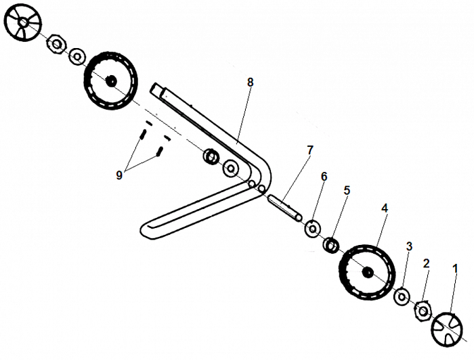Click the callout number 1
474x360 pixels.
coord(455,269)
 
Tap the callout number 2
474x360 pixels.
coord(426,263)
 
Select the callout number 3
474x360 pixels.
coord(408,246)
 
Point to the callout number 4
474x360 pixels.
coord(385,208)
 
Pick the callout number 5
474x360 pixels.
coord(347,191)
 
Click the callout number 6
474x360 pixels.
coord(324,177)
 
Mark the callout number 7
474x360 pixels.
coord(309,150)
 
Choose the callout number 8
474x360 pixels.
coord(250,82)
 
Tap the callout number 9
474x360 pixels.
coord(119,175)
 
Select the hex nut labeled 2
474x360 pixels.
coord(423,310)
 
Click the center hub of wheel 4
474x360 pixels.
coord(368,272)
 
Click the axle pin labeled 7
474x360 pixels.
coord(284,207)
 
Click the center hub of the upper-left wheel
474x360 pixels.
coord(111,81)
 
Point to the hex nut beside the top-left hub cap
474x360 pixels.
coord(56,45)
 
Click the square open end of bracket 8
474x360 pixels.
coord(156,88)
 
